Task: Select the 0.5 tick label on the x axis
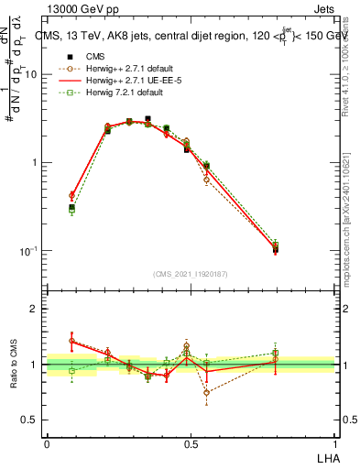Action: click(x=191, y=443)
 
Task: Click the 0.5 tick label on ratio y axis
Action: click(x=31, y=420)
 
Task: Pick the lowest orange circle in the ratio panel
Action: click(x=206, y=392)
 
